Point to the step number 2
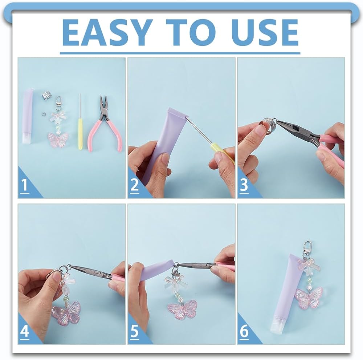134,185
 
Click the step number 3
244,185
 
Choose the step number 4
25,332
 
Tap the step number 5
135,332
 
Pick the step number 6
244,332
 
